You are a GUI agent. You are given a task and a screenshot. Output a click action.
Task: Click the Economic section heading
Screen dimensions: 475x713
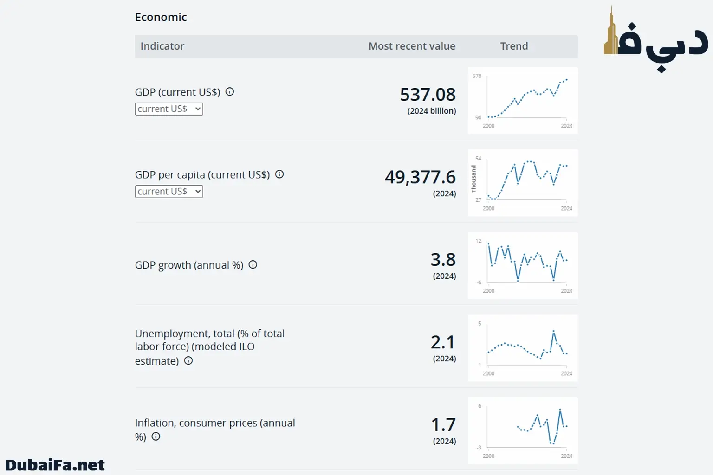coord(161,17)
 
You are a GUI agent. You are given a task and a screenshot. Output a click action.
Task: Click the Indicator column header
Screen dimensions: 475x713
coord(162,46)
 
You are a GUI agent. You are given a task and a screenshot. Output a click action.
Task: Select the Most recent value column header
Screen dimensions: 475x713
coord(412,46)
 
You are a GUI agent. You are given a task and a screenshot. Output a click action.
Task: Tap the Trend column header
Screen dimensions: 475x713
coord(514,46)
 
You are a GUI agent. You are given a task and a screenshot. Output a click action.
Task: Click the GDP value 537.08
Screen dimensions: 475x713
coord(428,95)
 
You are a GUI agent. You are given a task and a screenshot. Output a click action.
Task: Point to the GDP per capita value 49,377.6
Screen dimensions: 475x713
coord(420,177)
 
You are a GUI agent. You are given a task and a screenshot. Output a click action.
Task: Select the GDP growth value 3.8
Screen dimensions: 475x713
coord(443,260)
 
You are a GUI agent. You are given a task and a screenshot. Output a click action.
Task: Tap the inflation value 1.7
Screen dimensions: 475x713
coord(443,425)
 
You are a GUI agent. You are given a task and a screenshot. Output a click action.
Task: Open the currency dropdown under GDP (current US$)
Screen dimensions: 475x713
coord(169,109)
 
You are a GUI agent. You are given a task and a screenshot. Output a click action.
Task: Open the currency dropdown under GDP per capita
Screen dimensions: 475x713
coord(169,192)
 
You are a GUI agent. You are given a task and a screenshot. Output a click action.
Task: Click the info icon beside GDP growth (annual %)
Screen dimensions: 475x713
coord(253,264)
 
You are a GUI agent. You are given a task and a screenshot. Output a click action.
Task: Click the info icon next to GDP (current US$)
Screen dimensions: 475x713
coord(230,91)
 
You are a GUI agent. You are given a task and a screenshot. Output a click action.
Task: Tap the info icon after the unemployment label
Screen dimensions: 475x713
coord(188,360)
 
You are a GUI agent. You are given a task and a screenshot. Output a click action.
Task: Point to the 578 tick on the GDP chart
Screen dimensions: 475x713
coord(477,76)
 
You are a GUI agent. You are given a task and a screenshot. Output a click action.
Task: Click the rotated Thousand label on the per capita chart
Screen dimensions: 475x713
coord(473,179)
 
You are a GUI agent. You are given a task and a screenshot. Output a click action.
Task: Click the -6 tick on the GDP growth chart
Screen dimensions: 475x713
coord(479,282)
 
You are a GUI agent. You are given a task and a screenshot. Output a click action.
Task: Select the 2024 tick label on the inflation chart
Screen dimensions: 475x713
coord(566,456)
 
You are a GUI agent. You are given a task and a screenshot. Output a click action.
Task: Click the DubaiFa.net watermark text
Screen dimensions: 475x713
coord(55,465)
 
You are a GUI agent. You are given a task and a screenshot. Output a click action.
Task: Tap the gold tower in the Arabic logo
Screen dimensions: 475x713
coord(611,35)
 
